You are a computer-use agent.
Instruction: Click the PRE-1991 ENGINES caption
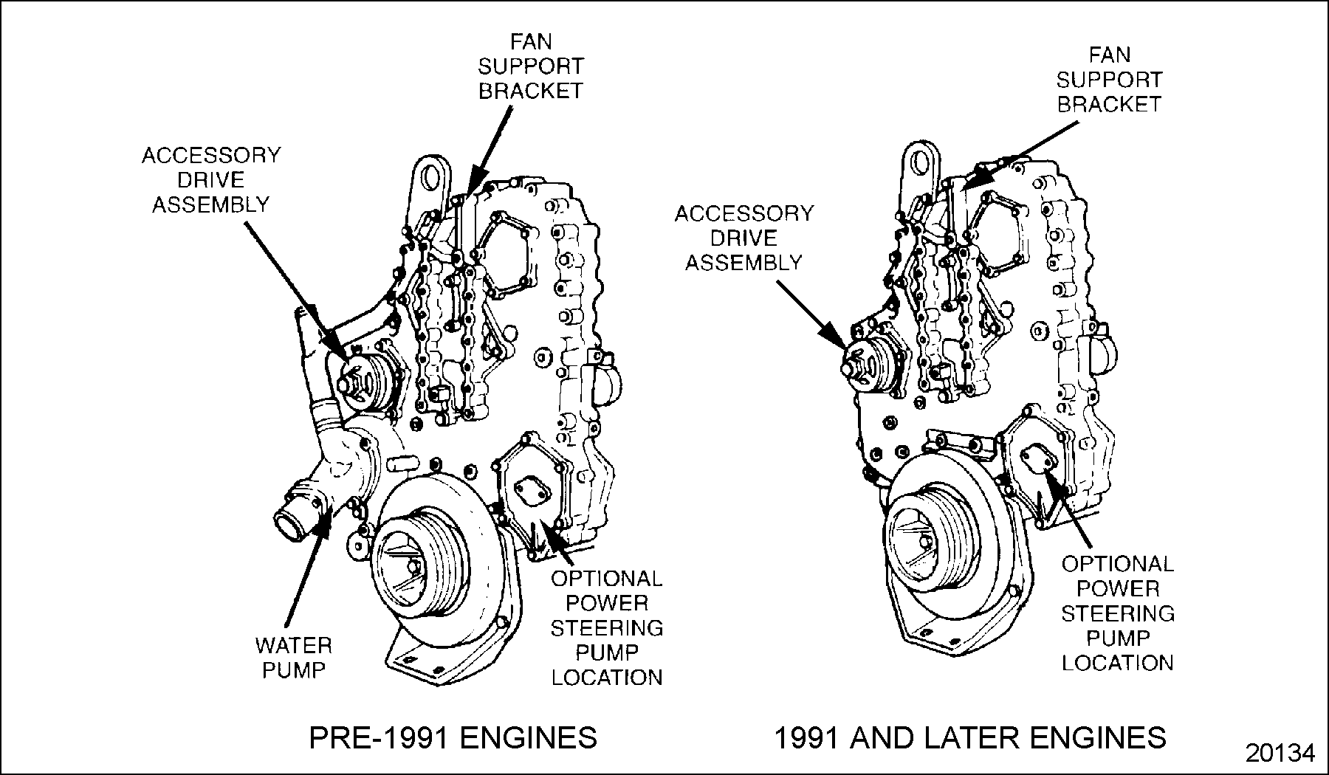pos(453,737)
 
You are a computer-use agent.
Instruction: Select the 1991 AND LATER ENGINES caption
pos(969,737)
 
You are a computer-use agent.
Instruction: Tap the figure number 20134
pos(1280,754)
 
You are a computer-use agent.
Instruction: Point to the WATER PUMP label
pos(293,658)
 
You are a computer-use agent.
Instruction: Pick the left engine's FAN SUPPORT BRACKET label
pos(531,66)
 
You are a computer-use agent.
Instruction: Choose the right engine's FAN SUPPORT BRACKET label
pos(1109,79)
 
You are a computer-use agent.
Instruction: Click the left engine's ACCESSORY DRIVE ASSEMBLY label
pos(211,179)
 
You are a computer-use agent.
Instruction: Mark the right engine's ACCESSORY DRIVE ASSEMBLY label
pos(744,238)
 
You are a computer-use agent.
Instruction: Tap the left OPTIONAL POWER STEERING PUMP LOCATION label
pos(607,627)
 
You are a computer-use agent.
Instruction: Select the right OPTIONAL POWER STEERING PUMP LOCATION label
pos(1117,613)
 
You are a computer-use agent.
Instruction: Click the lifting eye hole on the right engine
pos(920,159)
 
